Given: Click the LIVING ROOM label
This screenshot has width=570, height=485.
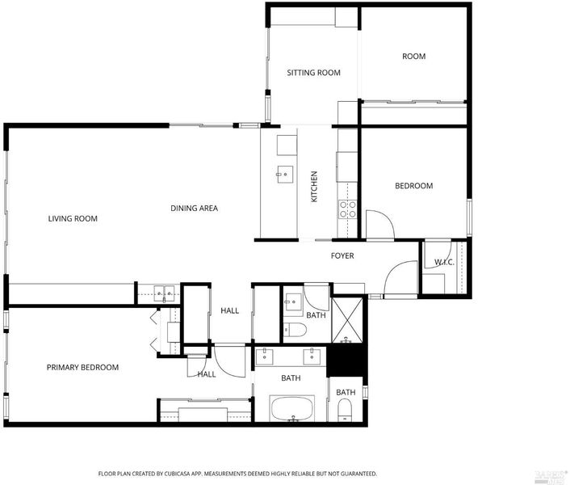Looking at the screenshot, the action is [73, 219].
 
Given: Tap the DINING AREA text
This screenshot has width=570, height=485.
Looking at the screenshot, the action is [194, 208].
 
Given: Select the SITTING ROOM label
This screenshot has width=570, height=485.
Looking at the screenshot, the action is [314, 73].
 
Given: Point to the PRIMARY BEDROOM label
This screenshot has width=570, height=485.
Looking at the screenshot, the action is [82, 368].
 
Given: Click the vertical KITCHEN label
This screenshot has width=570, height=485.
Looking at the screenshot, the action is [314, 187].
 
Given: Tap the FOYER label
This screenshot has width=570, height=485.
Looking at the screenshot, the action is [342, 255].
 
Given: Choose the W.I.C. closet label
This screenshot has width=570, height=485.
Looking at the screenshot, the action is [444, 262].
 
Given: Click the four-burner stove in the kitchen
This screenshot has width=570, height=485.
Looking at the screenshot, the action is [347, 209].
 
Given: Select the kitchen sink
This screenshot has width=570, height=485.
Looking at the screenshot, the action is [285, 175].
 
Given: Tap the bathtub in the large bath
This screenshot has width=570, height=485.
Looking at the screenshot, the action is [292, 408].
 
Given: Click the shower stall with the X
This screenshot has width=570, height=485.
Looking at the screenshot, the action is [347, 321].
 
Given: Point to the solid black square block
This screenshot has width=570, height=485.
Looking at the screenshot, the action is [346, 361].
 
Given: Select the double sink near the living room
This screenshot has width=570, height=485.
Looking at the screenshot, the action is [164, 293].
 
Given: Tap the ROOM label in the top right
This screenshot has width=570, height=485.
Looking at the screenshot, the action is [413, 57].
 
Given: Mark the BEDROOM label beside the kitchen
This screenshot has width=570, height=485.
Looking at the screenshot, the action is [414, 186].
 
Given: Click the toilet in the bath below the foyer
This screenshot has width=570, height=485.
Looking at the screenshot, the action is [295, 330].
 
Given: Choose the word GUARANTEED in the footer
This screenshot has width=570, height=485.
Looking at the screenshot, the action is [358, 474].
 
